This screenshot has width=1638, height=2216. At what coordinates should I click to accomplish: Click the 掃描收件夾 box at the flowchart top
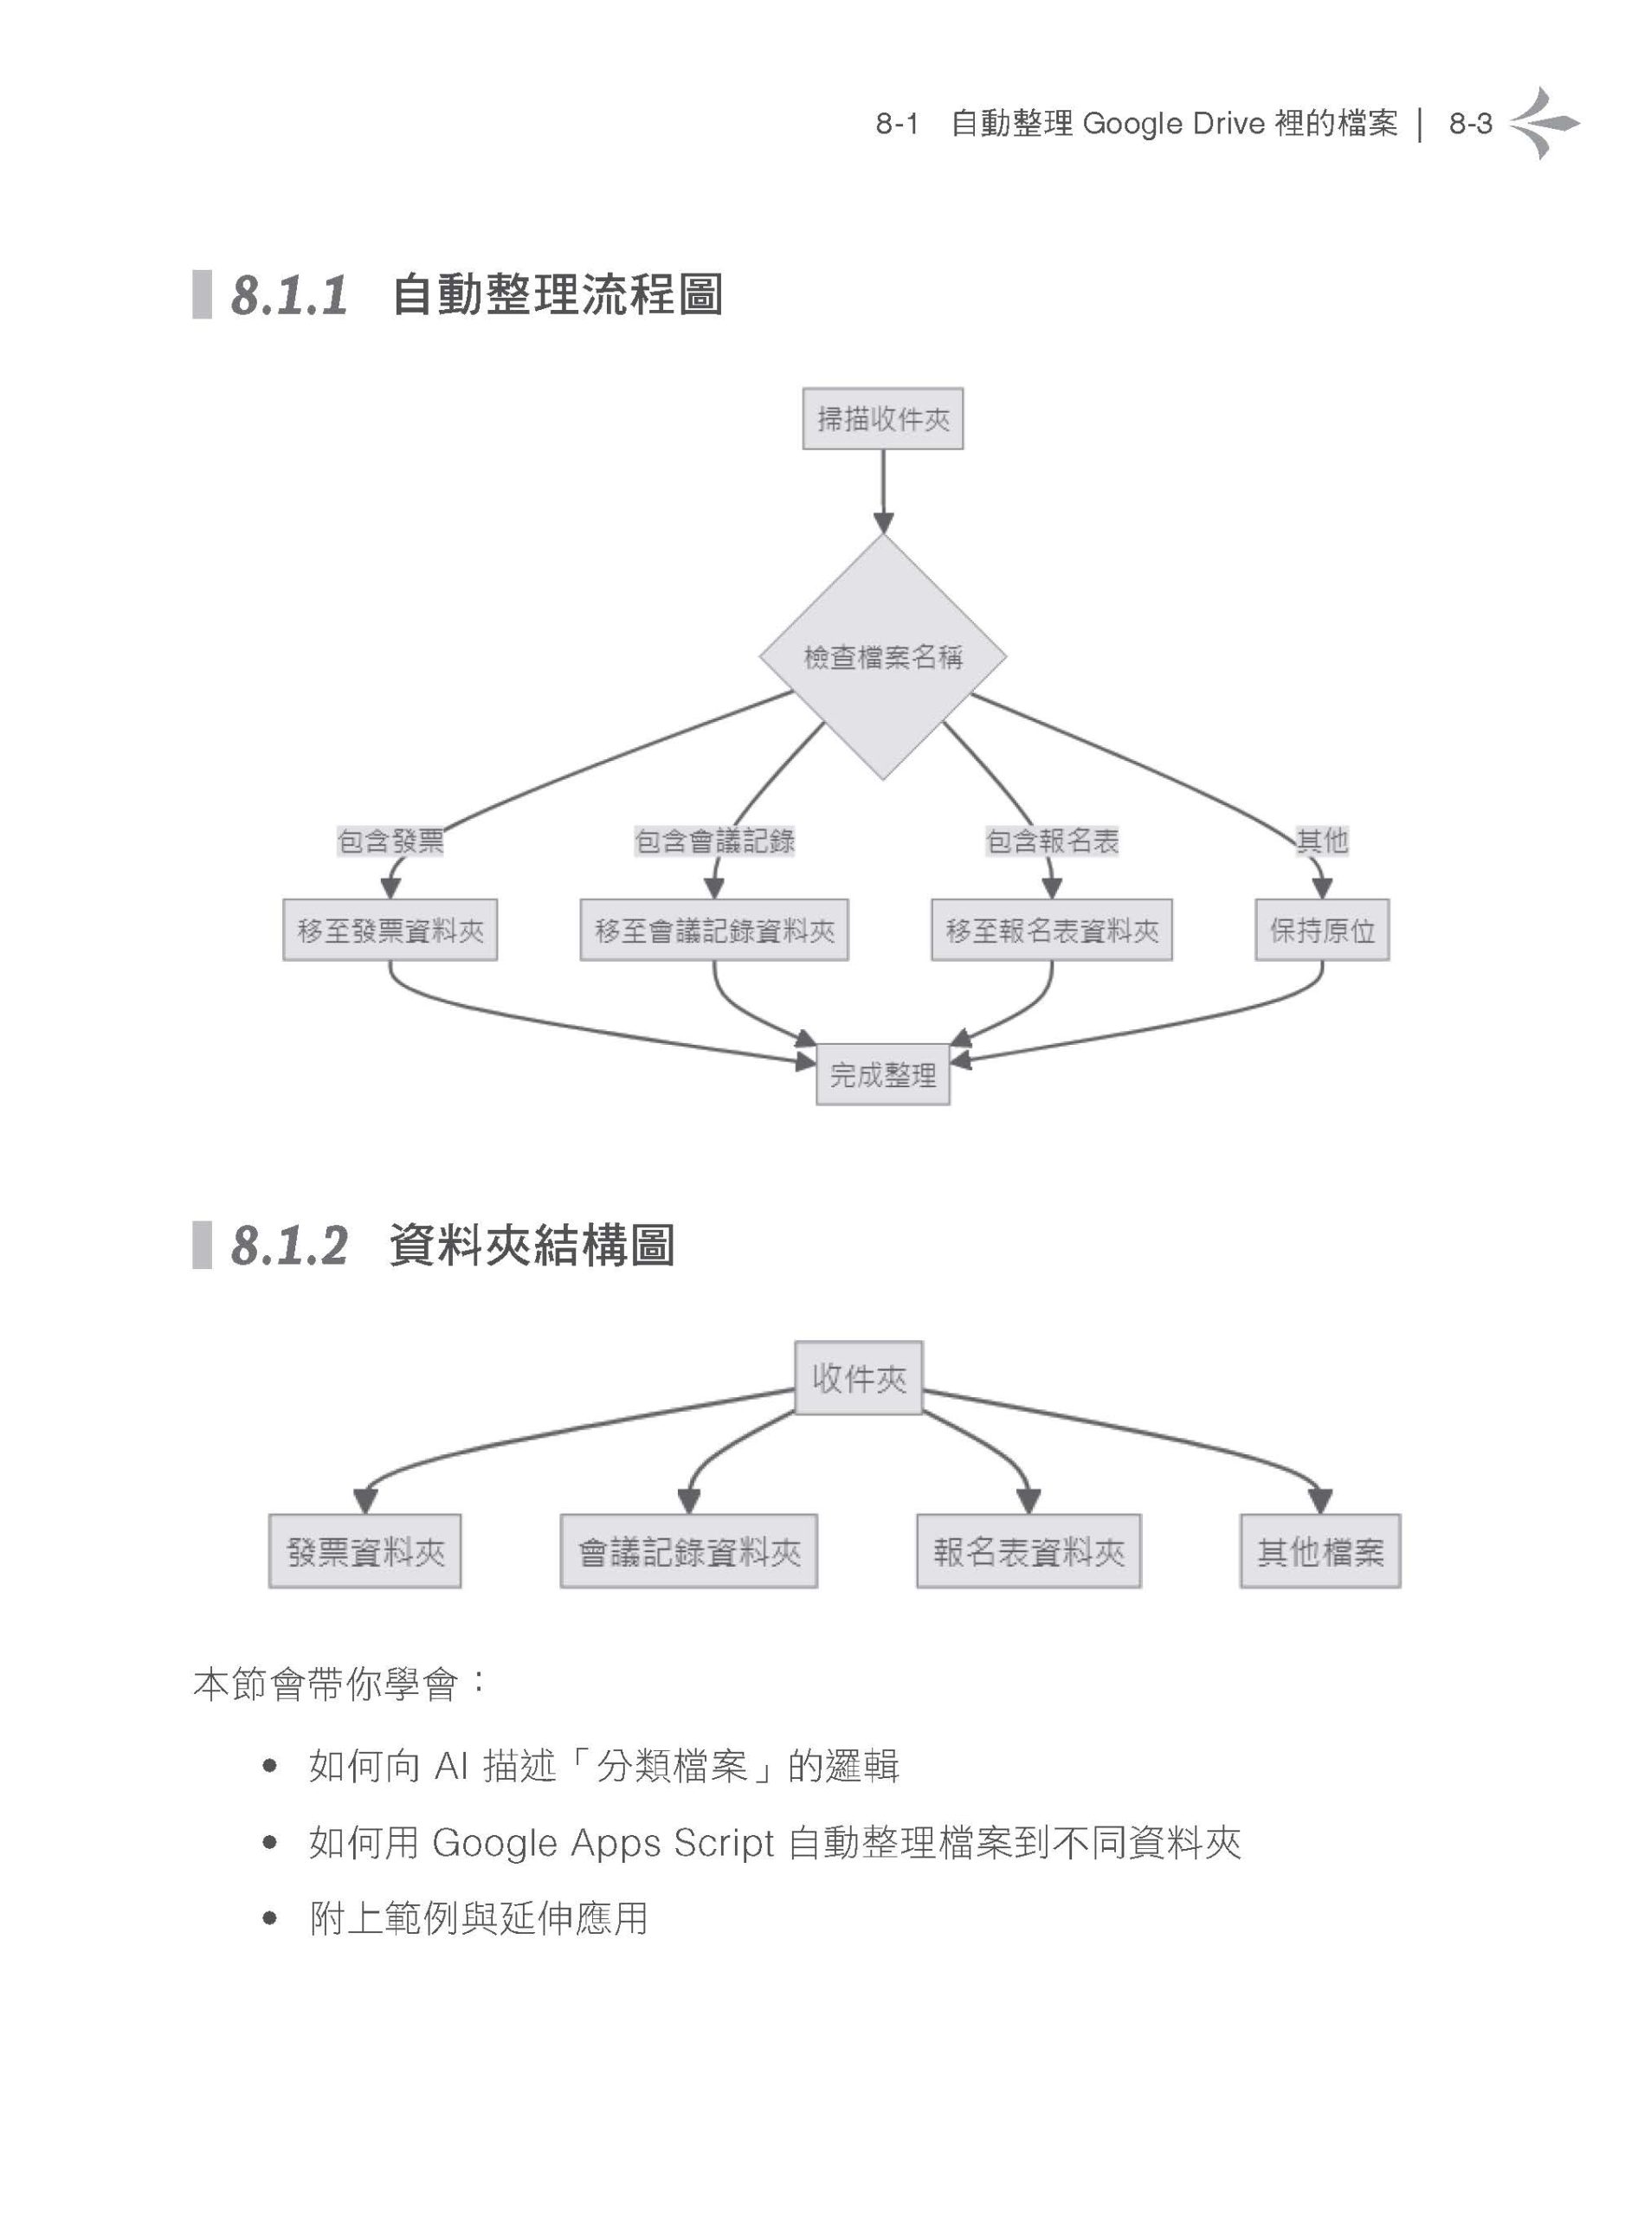[882, 418]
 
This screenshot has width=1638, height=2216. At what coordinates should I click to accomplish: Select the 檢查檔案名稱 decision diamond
[882, 656]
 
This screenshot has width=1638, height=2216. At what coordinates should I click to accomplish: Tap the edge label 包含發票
[390, 841]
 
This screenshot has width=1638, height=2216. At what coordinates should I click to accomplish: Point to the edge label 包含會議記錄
[715, 841]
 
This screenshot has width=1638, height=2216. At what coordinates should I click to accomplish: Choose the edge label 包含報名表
[1052, 841]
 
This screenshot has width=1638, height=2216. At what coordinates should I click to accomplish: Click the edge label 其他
[1322, 841]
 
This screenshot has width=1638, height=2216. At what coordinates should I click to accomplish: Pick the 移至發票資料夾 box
[390, 930]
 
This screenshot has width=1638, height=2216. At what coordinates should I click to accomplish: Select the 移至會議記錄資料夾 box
[714, 930]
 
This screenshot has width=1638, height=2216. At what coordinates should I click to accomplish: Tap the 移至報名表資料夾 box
[1052, 930]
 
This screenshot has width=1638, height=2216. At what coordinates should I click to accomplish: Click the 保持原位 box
[1322, 930]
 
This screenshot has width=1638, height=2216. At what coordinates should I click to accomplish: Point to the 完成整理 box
[882, 1075]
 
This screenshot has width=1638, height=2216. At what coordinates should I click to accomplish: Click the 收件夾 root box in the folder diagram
[859, 1378]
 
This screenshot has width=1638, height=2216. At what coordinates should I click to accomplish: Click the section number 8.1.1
[289, 295]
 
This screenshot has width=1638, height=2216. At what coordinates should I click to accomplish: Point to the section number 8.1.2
[289, 1246]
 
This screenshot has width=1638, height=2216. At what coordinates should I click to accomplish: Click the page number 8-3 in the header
[1470, 124]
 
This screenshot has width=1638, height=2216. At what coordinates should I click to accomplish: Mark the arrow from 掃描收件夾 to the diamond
[883, 492]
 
